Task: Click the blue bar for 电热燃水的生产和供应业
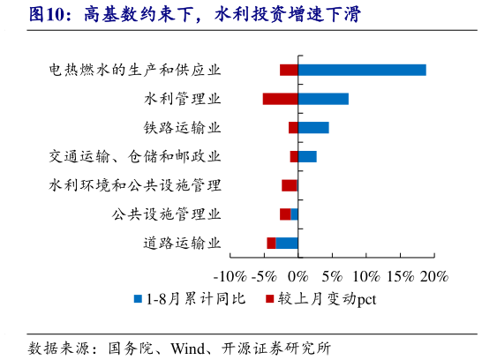(x=362, y=70)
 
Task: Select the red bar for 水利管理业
(x=280, y=99)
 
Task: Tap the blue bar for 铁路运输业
(x=313, y=128)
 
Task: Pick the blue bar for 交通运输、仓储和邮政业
(x=307, y=156)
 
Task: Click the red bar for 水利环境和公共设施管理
(x=290, y=185)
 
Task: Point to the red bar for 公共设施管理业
(x=285, y=214)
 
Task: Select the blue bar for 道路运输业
(x=287, y=243)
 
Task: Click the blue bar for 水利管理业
(x=323, y=99)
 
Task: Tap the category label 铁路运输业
(x=182, y=128)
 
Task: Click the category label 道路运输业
(x=182, y=243)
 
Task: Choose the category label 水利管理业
(x=182, y=99)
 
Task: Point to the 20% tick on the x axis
(x=435, y=276)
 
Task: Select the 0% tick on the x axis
(x=298, y=276)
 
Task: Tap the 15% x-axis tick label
(x=401, y=276)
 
